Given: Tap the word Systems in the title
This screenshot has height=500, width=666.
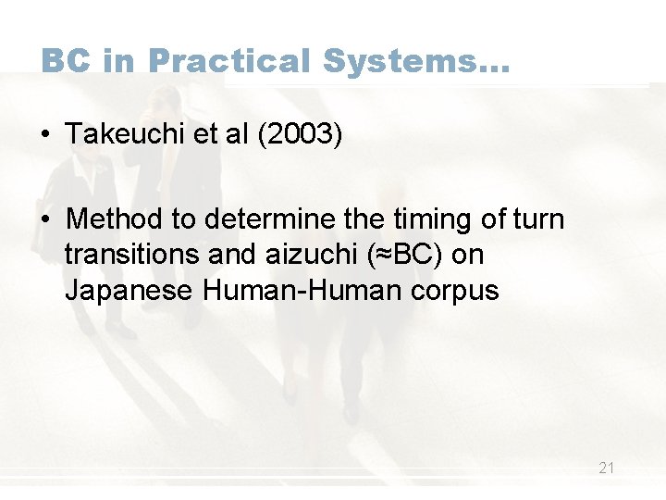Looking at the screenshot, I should [403, 61].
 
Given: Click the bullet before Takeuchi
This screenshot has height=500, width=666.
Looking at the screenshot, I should [46, 135].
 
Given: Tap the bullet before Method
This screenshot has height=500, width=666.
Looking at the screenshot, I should [46, 219].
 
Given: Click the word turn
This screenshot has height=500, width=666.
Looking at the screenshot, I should [538, 219].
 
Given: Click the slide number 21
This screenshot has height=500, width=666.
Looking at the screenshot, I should [606, 469].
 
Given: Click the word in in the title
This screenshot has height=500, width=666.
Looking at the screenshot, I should [118, 61].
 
